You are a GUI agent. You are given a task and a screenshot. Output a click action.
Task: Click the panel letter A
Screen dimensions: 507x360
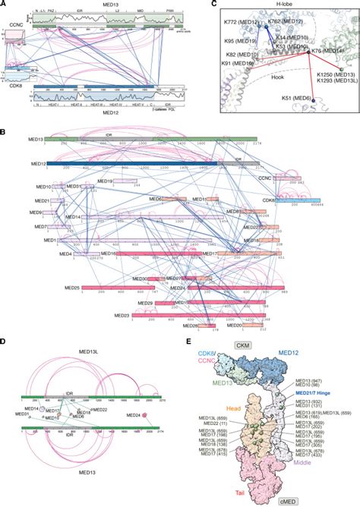pyautogui.click(x=5, y=5)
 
